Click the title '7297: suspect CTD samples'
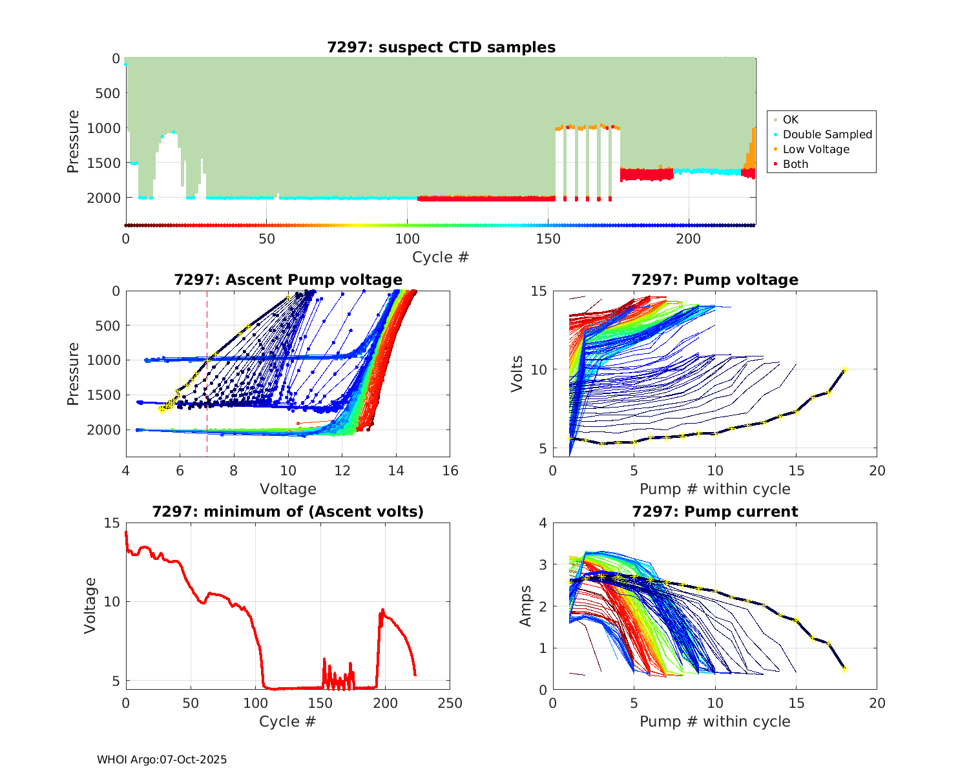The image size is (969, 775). [441, 47]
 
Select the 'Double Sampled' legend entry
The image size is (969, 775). [827, 134]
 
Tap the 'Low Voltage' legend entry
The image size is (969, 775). [816, 149]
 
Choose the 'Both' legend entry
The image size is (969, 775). [795, 164]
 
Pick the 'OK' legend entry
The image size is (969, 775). [790, 119]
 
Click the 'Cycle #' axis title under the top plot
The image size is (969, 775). [441, 257]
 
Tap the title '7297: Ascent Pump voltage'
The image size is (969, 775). [288, 280]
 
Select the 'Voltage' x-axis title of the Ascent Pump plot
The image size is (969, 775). [288, 489]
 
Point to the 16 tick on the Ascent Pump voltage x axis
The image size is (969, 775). [450, 471]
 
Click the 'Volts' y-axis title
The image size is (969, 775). [517, 373]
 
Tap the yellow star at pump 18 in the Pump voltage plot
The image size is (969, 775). [844, 370]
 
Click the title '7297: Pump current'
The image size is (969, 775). [715, 512]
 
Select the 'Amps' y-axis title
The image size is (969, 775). [526, 606]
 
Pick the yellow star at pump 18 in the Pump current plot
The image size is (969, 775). [844, 669]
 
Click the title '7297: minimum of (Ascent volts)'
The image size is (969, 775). [288, 512]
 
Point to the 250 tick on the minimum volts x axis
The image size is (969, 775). [450, 703]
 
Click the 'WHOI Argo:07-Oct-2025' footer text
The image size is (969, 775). [162, 759]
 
